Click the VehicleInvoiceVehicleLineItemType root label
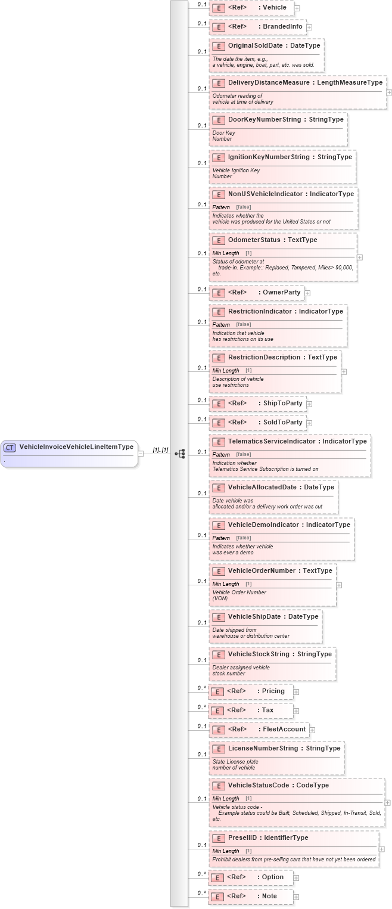76,446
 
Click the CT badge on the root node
10,447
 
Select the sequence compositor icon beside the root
179,454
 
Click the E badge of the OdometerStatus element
219,240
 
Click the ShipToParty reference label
282,403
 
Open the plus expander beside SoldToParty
309,423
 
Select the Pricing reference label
273,691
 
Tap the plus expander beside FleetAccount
312,730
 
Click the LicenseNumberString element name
263,748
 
